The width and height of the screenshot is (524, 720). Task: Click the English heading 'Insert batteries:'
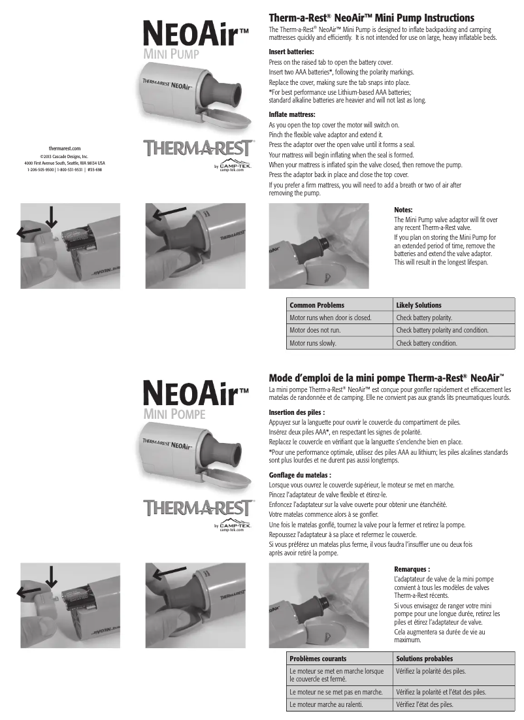point(291,51)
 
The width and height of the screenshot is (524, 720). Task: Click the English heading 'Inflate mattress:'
point(292,114)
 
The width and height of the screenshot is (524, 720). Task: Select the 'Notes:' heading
point(404,210)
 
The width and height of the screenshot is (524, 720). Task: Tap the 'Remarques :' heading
point(412,569)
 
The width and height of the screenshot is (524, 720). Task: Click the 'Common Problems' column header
point(317,305)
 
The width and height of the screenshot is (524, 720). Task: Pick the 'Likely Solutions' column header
point(419,305)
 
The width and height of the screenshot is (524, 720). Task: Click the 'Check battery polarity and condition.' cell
point(442,330)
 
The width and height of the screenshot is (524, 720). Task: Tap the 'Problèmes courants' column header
point(318,659)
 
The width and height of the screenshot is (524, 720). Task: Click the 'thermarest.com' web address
point(65,148)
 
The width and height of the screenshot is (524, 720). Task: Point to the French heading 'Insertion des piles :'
point(297,412)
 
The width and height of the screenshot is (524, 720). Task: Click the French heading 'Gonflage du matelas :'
point(300,475)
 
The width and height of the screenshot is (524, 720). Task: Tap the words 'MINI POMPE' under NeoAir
point(174,414)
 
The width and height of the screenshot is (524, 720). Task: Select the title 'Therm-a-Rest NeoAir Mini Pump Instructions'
point(371,18)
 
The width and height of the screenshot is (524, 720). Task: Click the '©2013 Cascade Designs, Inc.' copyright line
point(65,156)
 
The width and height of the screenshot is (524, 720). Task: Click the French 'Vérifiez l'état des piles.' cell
point(425,704)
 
